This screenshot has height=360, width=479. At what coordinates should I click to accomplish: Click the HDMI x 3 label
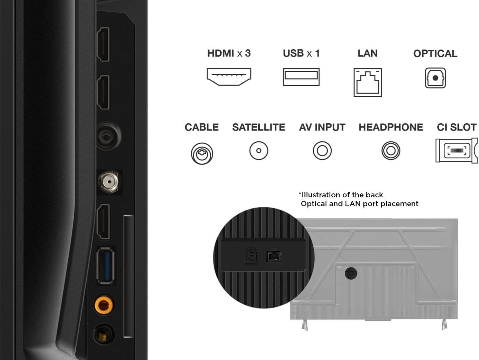[x=229, y=53]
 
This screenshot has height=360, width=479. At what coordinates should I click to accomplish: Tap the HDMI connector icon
[x=229, y=77]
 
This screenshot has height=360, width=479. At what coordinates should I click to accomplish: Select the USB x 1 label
[x=301, y=53]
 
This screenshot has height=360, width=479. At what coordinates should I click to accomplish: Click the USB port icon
[x=301, y=77]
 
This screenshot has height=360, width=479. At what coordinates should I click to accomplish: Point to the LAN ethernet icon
[x=368, y=82]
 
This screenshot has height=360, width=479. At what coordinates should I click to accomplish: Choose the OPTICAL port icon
[x=435, y=78]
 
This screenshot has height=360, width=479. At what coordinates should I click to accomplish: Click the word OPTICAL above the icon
[x=435, y=54]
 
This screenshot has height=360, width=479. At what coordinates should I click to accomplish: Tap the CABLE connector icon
[x=202, y=153]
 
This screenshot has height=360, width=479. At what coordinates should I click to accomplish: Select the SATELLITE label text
[x=259, y=127]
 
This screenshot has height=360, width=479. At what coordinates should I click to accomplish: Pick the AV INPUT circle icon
[x=322, y=151]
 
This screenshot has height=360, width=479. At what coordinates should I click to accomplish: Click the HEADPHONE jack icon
[x=391, y=151]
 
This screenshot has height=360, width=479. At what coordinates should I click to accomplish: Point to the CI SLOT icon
[x=456, y=151]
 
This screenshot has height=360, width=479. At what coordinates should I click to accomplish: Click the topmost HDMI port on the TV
[x=103, y=44]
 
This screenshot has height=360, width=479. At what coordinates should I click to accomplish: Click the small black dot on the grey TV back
[x=351, y=273]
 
